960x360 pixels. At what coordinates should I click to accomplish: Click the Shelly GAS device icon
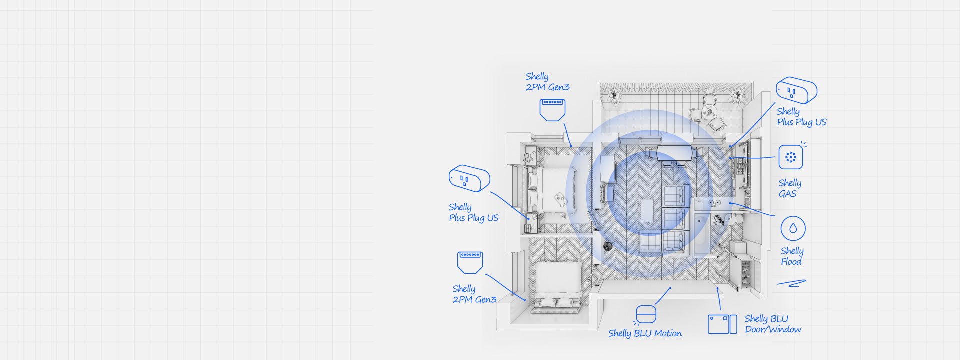(x=791, y=157)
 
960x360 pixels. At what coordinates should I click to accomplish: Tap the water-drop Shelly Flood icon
(x=793, y=228)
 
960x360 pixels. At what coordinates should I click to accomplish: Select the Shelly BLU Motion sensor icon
(x=645, y=315)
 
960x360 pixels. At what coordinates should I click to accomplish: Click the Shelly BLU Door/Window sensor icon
(x=722, y=324)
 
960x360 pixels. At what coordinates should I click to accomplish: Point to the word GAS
(x=788, y=194)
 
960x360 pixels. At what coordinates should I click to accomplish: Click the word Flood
(x=791, y=261)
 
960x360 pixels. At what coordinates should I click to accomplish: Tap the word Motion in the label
(x=668, y=333)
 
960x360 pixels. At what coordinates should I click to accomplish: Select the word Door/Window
(x=773, y=329)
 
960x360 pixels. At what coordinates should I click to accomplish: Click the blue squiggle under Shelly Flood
(x=791, y=283)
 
